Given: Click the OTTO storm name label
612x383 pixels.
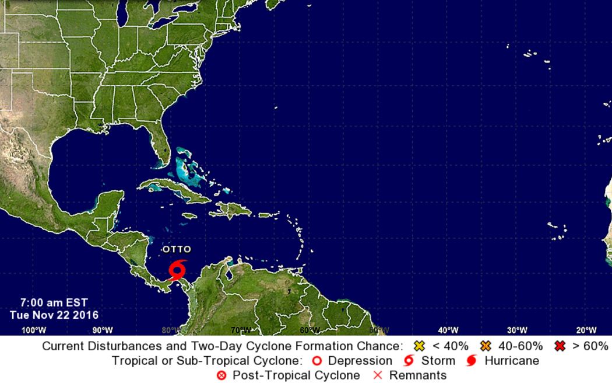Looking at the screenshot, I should click(177, 249).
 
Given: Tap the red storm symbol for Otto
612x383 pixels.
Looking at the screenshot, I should click(177, 270).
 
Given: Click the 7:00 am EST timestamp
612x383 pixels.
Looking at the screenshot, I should click(54, 302).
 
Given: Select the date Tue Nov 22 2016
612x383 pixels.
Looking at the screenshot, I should click(54, 315).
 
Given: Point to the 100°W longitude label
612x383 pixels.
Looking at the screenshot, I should click(33, 330).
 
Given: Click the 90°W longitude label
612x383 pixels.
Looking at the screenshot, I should click(103, 330).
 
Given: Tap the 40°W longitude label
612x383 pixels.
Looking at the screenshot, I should click(448, 330).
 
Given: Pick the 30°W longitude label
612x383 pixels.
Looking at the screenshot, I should click(517, 330).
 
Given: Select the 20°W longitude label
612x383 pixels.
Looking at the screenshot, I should click(586, 330).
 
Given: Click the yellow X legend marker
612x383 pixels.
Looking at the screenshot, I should click(418, 346).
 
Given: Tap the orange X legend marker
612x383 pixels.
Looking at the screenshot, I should click(485, 346).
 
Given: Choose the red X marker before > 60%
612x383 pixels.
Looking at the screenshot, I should click(560, 346).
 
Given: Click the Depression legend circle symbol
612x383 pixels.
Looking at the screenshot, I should click(318, 361).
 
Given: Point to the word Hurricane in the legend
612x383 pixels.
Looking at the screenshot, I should click(512, 361).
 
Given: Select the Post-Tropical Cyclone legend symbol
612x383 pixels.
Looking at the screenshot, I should click(221, 375).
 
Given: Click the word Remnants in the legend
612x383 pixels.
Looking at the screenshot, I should click(418, 375).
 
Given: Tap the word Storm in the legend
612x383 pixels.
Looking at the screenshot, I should click(438, 361).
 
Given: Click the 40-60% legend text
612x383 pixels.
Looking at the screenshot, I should click(520, 346).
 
